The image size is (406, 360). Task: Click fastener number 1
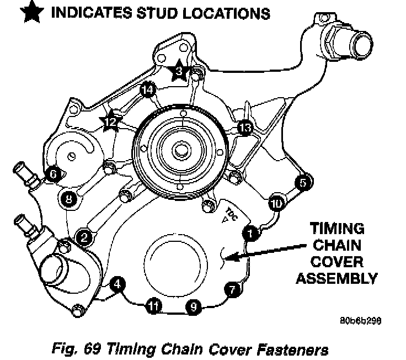click(250, 234)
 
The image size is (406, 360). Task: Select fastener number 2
click(84, 237)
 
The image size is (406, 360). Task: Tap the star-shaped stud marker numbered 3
click(179, 71)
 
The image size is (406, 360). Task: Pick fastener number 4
click(116, 284)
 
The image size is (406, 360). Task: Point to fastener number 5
click(303, 181)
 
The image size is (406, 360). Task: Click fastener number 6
click(53, 173)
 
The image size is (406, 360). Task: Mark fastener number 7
click(232, 288)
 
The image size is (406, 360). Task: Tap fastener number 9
click(192, 307)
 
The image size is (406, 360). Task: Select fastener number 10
click(276, 204)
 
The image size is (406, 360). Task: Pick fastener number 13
click(244, 128)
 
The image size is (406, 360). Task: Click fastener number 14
click(147, 90)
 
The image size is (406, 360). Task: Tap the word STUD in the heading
click(165, 12)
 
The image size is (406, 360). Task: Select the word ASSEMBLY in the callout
click(336, 278)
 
